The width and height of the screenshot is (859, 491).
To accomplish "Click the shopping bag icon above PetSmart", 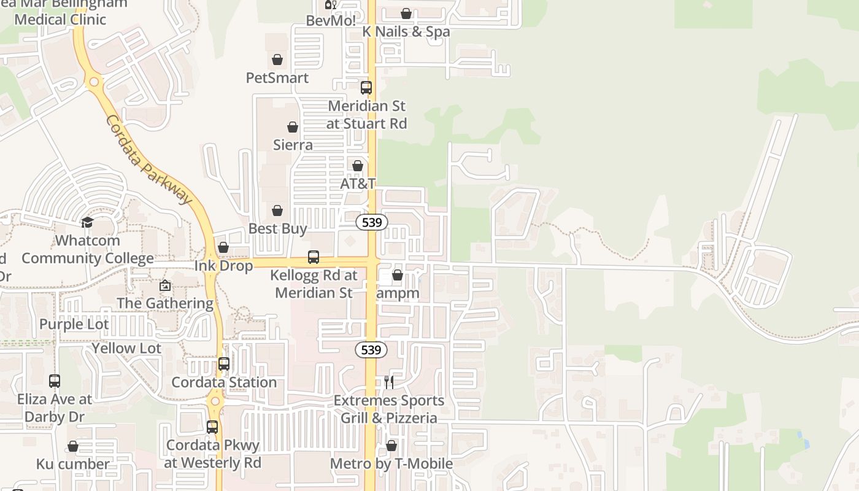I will click(277, 60).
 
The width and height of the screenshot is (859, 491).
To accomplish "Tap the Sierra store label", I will click(293, 145).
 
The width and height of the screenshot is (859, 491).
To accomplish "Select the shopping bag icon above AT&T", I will click(358, 166).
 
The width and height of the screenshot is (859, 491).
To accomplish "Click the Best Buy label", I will click(277, 228).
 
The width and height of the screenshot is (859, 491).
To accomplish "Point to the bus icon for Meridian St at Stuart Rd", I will click(366, 88).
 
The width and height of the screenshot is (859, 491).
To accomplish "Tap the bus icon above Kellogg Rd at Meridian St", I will click(314, 257).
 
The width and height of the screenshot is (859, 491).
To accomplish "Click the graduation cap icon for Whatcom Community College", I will click(87, 222).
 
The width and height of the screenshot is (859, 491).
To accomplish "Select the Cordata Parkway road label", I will click(148, 160).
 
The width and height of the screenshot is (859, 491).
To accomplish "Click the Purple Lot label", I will click(74, 324).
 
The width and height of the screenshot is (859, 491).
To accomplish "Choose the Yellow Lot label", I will click(126, 348).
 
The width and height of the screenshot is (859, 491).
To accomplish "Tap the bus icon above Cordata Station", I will click(224, 364).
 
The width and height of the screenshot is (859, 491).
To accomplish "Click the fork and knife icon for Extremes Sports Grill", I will click(389, 382).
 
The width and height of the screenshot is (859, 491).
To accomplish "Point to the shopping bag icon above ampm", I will click(398, 275).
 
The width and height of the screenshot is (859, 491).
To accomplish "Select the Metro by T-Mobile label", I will click(391, 463).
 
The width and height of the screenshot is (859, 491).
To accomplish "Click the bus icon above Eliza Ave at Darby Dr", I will click(55, 381).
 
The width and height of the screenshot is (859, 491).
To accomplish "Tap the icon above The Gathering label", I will click(165, 285).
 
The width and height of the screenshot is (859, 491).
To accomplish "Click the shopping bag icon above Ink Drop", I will click(223, 247).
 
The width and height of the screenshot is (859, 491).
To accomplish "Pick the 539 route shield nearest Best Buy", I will click(372, 222).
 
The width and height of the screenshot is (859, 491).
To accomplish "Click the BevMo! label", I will click(331, 20).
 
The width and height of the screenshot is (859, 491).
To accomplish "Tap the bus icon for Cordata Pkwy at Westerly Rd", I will click(212, 427).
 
